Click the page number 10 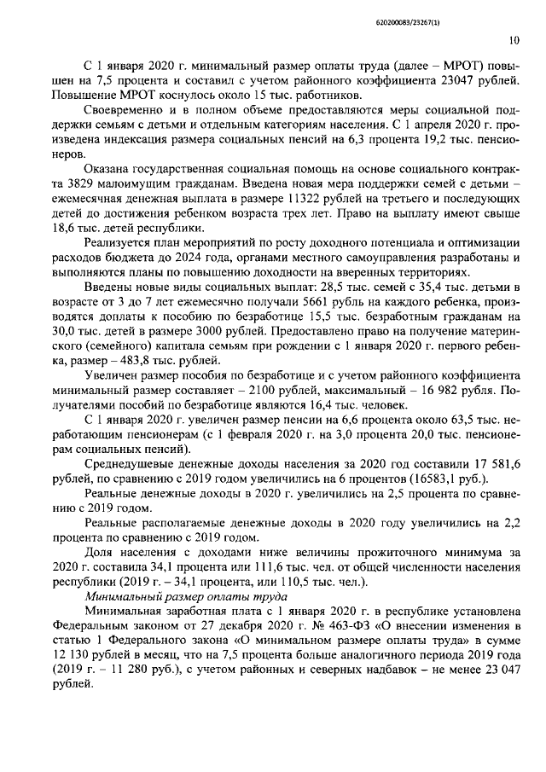coord(513,39)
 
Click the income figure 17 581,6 coord(484,465)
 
